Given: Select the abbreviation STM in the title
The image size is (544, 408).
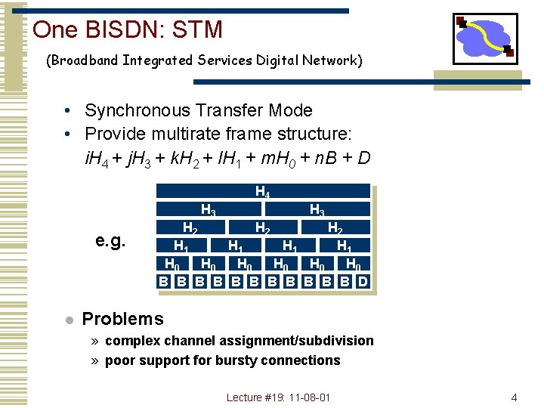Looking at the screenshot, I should coord(197,29).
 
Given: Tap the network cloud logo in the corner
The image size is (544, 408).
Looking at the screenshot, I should coord(484,38).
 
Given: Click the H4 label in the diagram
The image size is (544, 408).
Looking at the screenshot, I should coord(262,192).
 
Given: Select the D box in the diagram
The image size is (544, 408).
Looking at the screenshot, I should coord(363,283).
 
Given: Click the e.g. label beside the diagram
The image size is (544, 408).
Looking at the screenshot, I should coord(110,241).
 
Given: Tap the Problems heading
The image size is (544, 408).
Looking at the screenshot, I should coord(122,319).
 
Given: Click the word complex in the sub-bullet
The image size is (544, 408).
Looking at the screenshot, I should coord(131,341).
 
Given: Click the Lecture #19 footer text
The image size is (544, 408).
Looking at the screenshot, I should coord(278,397).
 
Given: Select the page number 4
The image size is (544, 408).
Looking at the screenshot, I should coord(514,397).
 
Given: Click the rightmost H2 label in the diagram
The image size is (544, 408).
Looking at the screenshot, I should coord(335,227).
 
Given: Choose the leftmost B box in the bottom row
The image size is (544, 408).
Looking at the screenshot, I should coord(162,283).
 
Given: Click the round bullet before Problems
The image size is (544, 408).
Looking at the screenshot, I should coord(68,320).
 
